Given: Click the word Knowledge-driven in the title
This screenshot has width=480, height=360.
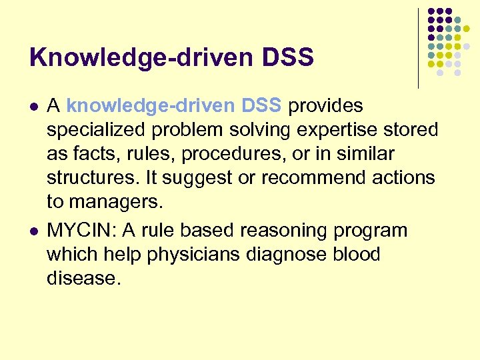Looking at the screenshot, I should pos(136,58).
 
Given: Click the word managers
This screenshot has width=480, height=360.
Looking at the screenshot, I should pos(121,201).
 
